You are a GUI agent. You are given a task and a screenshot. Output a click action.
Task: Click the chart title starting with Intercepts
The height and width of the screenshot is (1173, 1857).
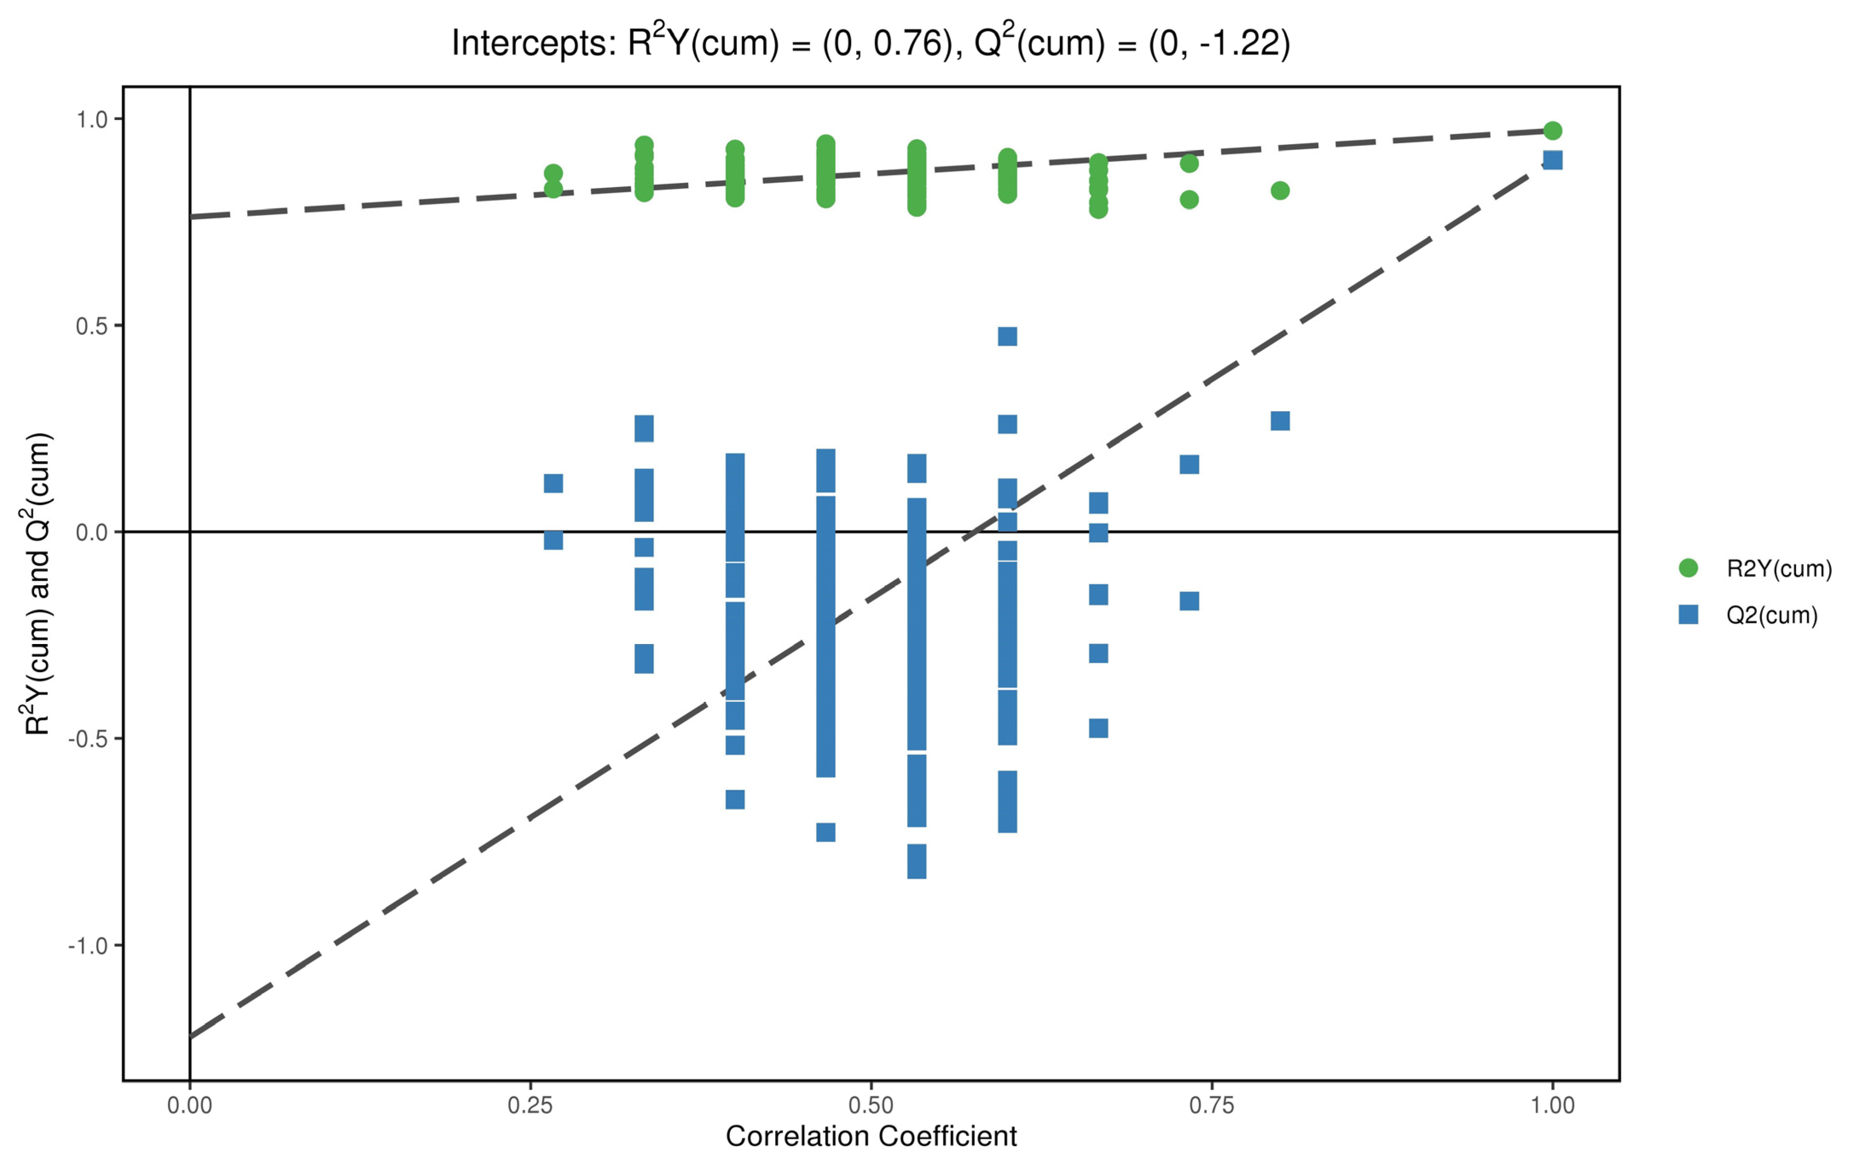click(x=870, y=43)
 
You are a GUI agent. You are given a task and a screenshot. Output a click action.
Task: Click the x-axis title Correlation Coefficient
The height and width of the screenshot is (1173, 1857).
click(x=871, y=1136)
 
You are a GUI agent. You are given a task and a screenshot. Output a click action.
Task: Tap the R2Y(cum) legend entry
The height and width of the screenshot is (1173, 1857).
click(x=1778, y=568)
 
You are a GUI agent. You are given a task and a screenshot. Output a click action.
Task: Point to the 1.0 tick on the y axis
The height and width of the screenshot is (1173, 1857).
click(x=91, y=119)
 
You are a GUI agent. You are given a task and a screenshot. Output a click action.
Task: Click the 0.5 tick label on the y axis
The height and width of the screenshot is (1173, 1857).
click(x=91, y=326)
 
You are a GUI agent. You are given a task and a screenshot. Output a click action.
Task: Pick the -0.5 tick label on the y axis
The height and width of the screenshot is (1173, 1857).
click(x=87, y=739)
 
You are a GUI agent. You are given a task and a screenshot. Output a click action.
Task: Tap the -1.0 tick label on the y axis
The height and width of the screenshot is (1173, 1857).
click(x=87, y=945)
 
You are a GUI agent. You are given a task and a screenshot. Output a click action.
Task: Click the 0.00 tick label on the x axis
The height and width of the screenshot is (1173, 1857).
click(x=190, y=1105)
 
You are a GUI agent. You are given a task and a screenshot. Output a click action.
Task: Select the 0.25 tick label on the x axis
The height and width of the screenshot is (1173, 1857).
click(x=531, y=1105)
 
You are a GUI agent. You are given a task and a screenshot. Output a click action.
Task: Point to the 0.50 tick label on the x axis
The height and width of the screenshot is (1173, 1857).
click(x=871, y=1105)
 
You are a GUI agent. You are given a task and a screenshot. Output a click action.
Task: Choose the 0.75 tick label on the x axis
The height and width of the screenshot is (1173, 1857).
click(x=1211, y=1105)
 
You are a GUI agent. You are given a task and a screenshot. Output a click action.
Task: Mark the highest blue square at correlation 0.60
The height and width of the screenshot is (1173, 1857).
click(x=1007, y=336)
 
